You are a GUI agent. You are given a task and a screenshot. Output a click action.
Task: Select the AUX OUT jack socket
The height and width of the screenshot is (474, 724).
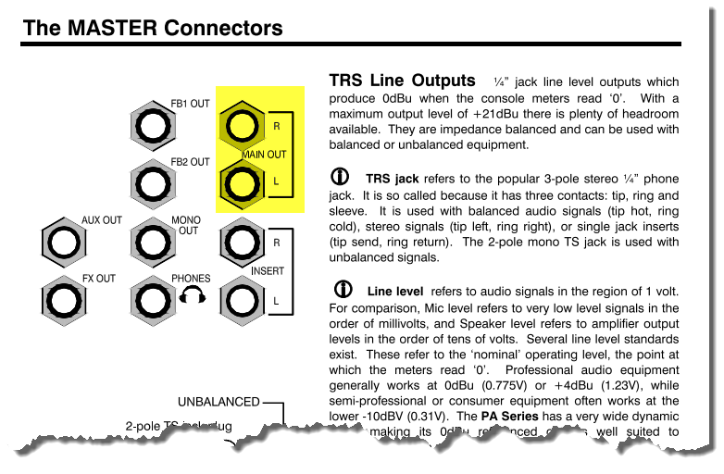coord(63,243)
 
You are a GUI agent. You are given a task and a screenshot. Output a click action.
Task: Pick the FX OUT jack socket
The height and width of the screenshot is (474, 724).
coord(63,301)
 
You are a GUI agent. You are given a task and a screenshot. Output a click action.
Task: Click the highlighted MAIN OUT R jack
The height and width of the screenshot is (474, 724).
coord(241,125)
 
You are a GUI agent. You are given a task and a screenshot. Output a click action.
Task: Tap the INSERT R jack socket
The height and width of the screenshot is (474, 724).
coord(241,243)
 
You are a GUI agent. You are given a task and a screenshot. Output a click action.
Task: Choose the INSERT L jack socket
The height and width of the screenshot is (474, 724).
coord(241,301)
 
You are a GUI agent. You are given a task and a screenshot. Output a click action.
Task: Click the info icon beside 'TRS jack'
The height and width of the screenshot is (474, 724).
coord(341,177)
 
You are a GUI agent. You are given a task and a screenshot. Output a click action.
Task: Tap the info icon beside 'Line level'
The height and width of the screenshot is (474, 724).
coord(343,289)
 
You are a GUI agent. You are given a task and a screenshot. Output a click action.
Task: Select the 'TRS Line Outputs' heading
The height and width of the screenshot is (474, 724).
coord(403,81)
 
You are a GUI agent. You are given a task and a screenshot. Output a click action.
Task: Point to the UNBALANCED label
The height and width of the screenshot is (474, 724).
coord(218,402)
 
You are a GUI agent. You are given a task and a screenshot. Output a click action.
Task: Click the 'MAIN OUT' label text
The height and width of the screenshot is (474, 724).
coord(264,155)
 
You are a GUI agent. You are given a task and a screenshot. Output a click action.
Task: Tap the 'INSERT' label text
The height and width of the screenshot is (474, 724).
coord(268,271)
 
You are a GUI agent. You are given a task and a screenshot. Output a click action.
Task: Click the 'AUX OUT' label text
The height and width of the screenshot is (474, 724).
coord(102,220)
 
